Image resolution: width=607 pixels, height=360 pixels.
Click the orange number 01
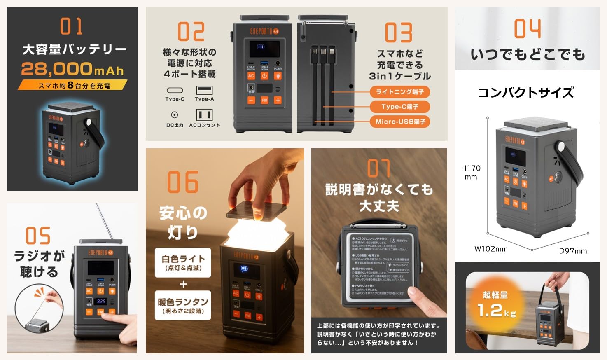[x=72, y=26]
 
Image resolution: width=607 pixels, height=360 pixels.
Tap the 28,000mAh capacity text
[x=72, y=69]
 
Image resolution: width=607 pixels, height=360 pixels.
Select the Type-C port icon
[x=175, y=90]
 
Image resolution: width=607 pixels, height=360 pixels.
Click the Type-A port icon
[x=204, y=90]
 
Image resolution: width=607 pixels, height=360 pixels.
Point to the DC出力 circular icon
[x=175, y=115]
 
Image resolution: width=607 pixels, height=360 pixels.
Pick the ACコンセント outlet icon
[x=204, y=115]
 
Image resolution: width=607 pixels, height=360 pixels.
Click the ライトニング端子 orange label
[x=399, y=92]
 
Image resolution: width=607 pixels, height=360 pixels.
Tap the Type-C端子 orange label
[x=399, y=107]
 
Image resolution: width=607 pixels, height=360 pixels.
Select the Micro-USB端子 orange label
[x=400, y=122]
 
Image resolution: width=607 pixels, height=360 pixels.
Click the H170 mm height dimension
[x=471, y=172]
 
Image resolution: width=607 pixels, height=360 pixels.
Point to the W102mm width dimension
[x=491, y=249]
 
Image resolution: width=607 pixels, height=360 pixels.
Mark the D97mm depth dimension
[x=573, y=251]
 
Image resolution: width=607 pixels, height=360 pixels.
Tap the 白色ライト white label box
[x=183, y=262]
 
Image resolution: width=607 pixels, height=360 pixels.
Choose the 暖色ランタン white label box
[x=183, y=306]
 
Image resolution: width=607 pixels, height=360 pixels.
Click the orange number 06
[x=183, y=182]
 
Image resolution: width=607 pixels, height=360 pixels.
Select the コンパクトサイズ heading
[x=526, y=93]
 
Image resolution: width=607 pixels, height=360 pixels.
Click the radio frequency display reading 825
[x=101, y=302]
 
